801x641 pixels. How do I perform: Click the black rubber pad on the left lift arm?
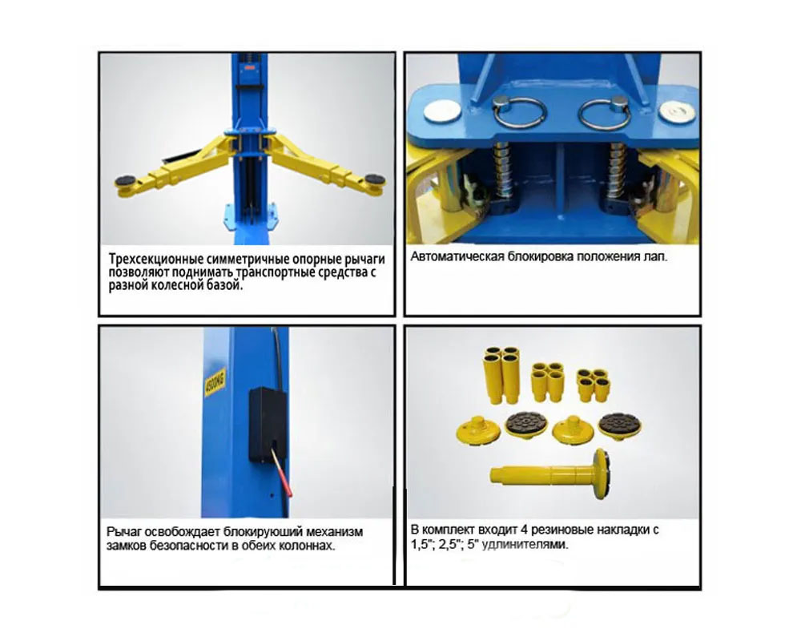tap(126, 180)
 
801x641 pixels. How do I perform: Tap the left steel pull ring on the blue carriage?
tap(520, 114)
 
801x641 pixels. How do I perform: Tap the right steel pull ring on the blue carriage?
tap(606, 113)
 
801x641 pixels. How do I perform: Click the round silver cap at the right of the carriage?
tap(677, 111)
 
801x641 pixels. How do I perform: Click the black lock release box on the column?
tap(268, 425)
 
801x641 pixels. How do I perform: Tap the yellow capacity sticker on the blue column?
tap(215, 382)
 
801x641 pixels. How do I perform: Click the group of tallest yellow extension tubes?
tap(502, 374)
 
